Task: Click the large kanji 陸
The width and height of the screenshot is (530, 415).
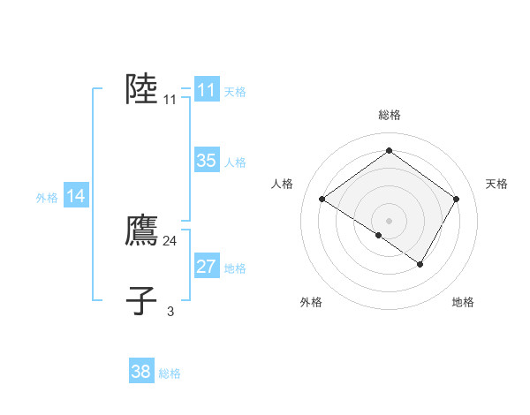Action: tap(141, 89)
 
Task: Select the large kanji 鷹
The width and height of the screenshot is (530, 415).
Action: tap(141, 230)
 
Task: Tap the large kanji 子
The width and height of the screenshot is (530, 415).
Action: tap(141, 300)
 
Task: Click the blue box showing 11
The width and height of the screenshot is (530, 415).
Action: tap(207, 89)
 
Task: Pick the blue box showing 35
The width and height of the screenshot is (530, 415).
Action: tap(207, 160)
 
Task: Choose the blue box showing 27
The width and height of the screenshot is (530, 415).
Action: tap(207, 265)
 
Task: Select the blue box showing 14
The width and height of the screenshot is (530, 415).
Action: tap(76, 194)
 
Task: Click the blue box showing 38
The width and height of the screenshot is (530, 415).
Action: tap(141, 370)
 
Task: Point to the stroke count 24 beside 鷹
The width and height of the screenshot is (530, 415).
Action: tap(170, 241)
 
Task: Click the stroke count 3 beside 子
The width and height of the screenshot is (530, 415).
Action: tap(170, 311)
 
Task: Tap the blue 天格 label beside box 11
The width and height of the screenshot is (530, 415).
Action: tap(235, 92)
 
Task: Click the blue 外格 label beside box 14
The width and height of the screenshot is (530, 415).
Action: tap(47, 198)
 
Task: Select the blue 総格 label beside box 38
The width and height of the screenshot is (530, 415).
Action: tap(170, 373)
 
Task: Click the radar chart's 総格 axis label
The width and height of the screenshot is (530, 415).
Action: tap(390, 115)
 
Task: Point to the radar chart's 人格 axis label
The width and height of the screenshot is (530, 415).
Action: tap(282, 184)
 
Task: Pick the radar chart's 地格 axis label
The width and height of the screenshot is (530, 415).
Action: tap(463, 302)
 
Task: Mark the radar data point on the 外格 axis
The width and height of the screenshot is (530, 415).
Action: tap(379, 235)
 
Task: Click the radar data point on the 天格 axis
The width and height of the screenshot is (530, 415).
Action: tap(456, 199)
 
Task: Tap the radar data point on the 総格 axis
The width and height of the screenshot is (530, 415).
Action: tap(389, 150)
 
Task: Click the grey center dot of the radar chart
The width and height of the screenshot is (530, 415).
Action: tap(389, 221)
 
